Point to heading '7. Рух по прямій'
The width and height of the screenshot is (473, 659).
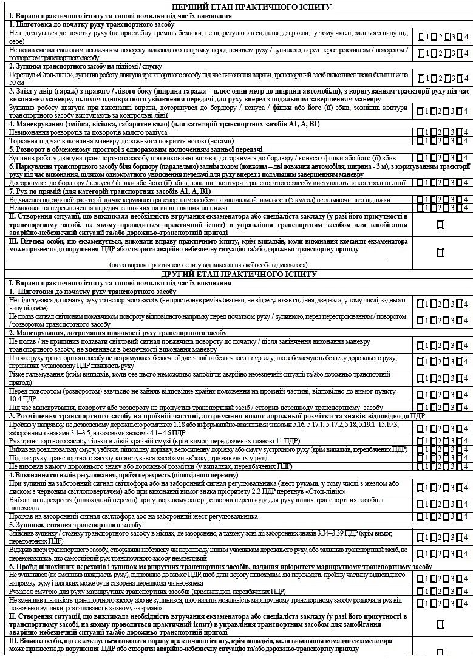[x=36, y=191]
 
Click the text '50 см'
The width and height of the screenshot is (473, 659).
[x=17, y=82]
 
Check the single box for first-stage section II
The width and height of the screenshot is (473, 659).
[x=440, y=224]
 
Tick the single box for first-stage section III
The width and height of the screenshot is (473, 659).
[x=440, y=251]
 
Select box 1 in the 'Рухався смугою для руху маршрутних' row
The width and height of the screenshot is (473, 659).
[x=420, y=591]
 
